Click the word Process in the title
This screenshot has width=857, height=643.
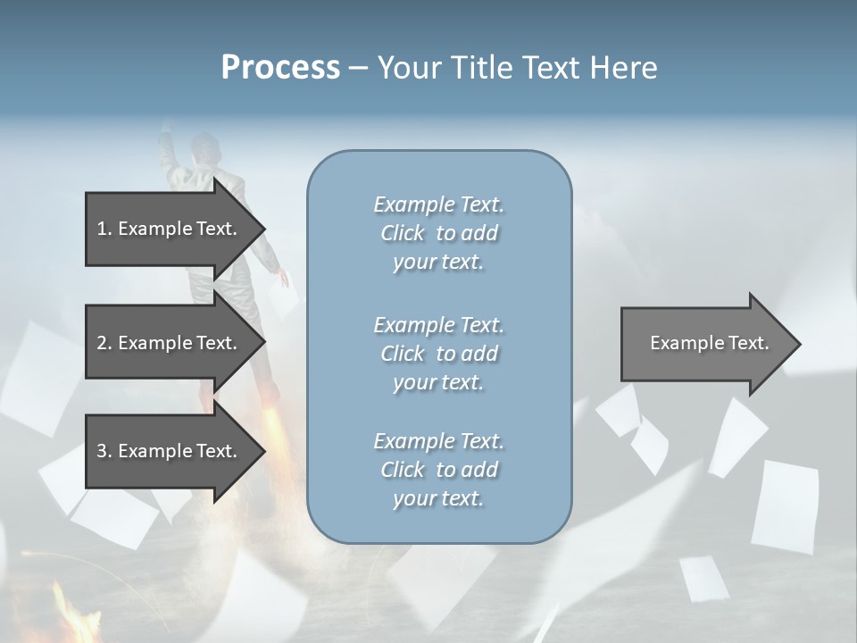coord(280,68)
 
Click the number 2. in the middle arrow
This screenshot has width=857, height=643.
coord(104,343)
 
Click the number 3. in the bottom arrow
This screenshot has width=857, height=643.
coord(104,451)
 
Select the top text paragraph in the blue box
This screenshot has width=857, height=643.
coord(438,233)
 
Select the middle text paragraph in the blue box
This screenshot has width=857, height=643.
coord(438,354)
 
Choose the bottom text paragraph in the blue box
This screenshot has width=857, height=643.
coord(438,470)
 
